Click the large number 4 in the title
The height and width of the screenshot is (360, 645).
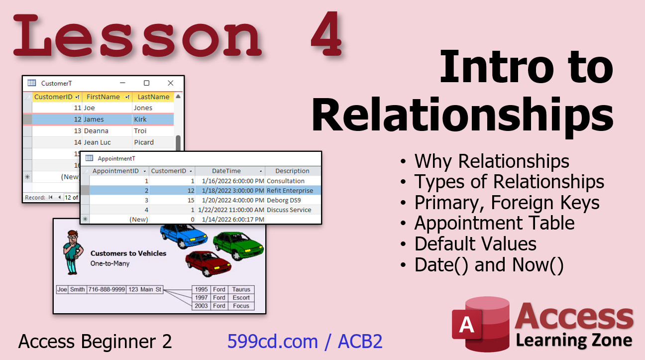tap(327, 34)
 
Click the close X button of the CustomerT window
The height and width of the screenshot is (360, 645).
tap(171, 83)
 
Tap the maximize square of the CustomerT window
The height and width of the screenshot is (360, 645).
tap(146, 83)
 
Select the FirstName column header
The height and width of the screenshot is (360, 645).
tap(107, 97)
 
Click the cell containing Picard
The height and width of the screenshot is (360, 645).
tap(153, 142)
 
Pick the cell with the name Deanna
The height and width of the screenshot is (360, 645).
tap(107, 131)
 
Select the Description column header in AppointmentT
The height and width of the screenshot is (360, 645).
tap(292, 171)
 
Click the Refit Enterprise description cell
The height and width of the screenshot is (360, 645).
tap(293, 190)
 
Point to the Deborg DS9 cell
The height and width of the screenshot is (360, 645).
tap(293, 200)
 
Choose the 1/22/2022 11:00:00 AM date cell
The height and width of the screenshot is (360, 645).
tap(230, 210)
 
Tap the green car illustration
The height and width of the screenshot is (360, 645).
tap(238, 245)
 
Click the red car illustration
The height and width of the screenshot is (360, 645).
tap(208, 263)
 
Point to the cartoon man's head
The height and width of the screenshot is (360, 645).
tap(73, 237)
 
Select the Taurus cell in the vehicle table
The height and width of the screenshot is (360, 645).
tap(241, 289)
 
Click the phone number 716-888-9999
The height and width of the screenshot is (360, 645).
tap(107, 289)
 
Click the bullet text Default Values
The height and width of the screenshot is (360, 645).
tap(475, 244)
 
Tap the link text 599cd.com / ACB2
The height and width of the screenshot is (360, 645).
tap(305, 342)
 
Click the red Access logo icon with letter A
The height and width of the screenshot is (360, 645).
tap(480, 324)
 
